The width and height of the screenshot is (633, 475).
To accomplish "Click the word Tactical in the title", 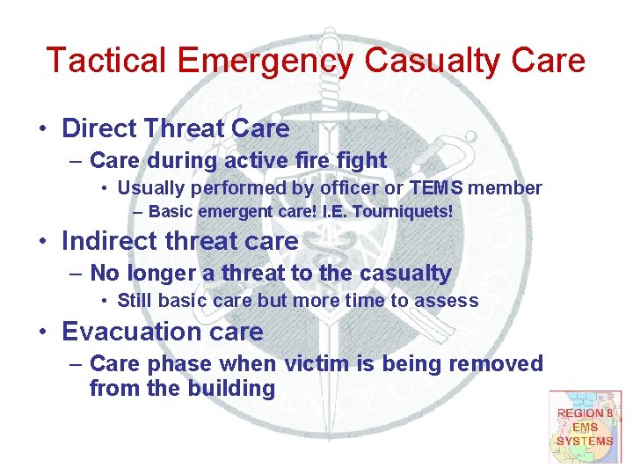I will [x=105, y=61].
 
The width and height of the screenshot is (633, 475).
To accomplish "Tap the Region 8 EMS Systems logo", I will [x=585, y=427].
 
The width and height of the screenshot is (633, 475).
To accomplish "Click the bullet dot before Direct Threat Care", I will [x=42, y=129].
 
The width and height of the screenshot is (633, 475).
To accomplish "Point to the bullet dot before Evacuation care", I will [x=42, y=332].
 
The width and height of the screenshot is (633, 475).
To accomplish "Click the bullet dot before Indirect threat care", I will [x=42, y=241].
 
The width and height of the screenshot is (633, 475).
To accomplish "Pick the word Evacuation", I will [x=134, y=332].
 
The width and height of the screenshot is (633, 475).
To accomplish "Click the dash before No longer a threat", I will [x=76, y=274].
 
